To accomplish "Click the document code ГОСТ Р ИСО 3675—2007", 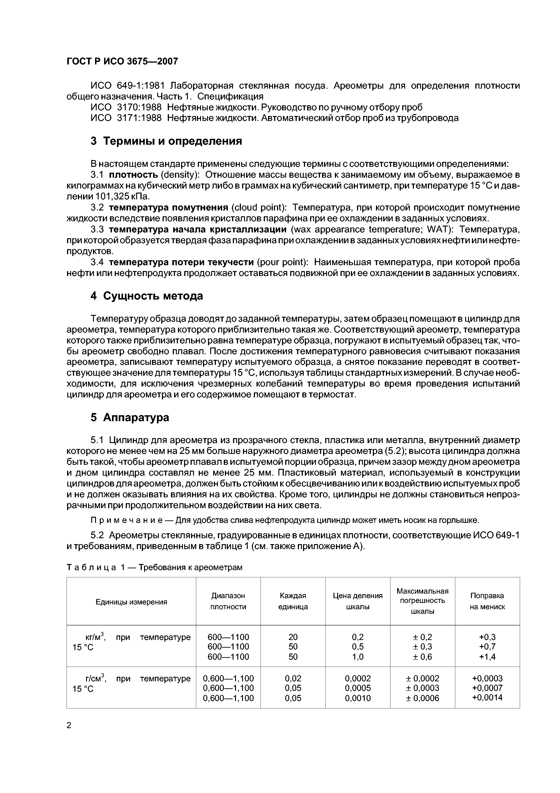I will coord(122,61).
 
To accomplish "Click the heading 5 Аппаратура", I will coord(130,417).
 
